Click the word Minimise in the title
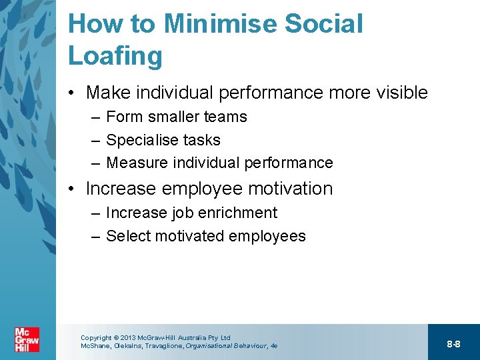[221, 24]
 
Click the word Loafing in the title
[115, 56]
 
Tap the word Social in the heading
[324, 24]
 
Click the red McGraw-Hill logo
[27, 339]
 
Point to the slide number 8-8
[453, 344]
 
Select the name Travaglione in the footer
[161, 346]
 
